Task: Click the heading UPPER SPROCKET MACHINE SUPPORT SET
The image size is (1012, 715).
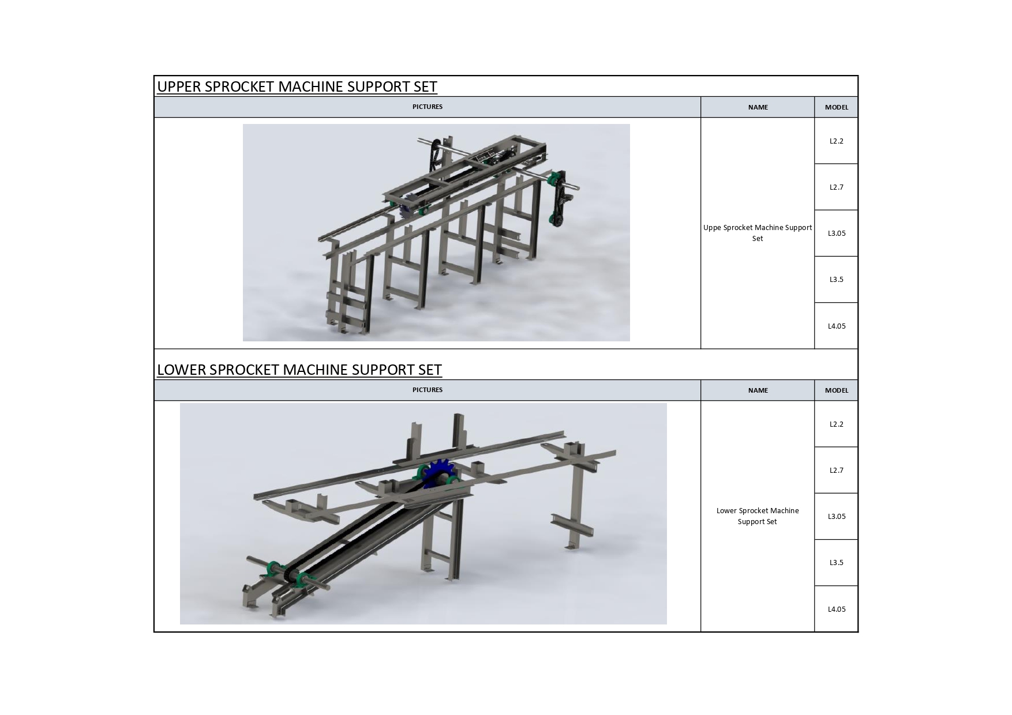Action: (297, 86)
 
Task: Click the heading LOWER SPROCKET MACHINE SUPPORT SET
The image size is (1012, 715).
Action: (299, 370)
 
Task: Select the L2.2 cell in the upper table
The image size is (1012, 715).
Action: (836, 141)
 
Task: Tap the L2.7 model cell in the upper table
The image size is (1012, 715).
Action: (836, 187)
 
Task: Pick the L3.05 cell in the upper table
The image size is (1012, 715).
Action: (836, 233)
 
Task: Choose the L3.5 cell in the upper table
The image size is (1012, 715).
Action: (836, 279)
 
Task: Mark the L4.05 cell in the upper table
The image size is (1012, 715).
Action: (836, 326)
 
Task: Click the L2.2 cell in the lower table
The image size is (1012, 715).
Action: (836, 424)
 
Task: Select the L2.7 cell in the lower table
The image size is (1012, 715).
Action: (836, 470)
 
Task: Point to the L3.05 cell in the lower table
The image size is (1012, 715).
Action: (836, 516)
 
